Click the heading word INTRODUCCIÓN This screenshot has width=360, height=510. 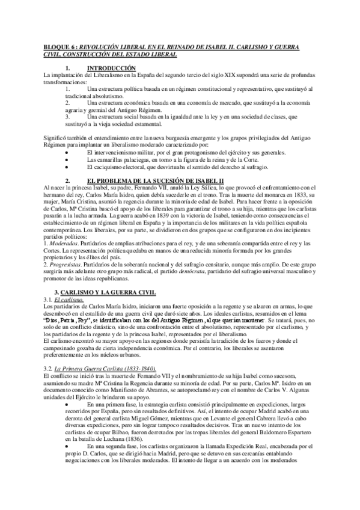pyautogui.click(x=112, y=68)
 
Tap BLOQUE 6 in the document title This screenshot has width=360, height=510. pyautogui.click(x=59, y=46)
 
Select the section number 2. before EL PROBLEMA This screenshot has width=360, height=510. pyautogui.click(x=68, y=164)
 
